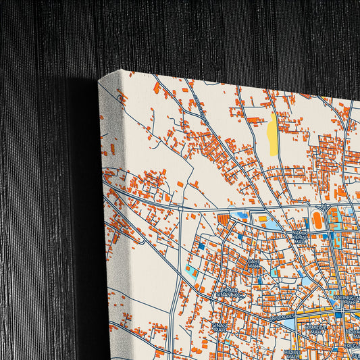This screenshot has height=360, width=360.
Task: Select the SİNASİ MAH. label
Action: pos(218,328)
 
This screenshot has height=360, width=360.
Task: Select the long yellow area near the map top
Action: pos(272,134)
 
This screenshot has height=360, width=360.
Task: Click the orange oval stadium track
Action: pos(316,220)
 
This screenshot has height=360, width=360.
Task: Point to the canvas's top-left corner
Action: pos(99,80)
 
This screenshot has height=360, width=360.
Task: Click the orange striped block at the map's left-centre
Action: pos(224,220)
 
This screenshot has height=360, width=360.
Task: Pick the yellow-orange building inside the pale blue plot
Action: pos(263,219)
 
